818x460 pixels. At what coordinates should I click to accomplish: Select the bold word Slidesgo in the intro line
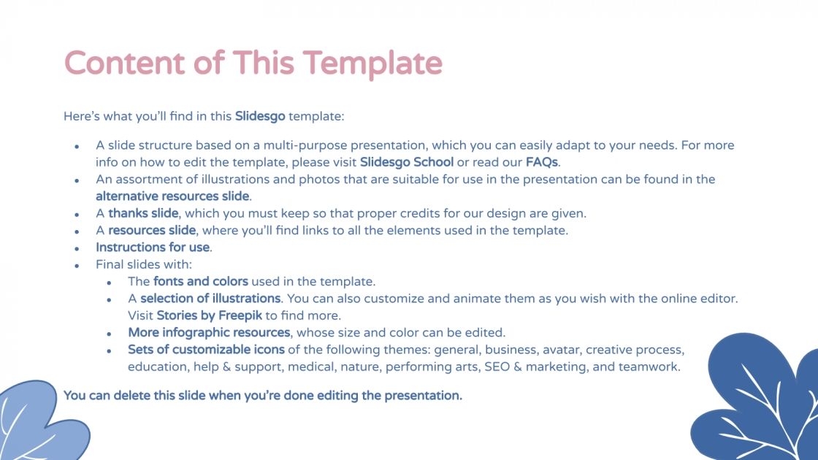pyautogui.click(x=260, y=116)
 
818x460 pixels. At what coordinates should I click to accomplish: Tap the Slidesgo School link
pyautogui.click(x=407, y=162)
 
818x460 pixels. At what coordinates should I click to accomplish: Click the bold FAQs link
pyautogui.click(x=541, y=162)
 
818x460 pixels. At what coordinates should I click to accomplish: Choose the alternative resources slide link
pyautogui.click(x=172, y=196)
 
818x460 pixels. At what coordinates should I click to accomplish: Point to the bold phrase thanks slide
pyautogui.click(x=143, y=213)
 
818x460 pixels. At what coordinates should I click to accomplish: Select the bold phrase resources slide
pyautogui.click(x=152, y=231)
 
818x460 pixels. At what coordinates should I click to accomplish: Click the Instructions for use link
pyautogui.click(x=153, y=248)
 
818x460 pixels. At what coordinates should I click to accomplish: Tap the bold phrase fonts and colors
pyautogui.click(x=201, y=281)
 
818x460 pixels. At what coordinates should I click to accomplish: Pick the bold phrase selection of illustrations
pyautogui.click(x=210, y=299)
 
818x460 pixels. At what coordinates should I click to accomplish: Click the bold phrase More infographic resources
pyautogui.click(x=208, y=333)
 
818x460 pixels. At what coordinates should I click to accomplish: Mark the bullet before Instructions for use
pyautogui.click(x=77, y=248)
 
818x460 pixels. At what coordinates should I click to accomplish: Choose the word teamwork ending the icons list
pyautogui.click(x=649, y=367)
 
